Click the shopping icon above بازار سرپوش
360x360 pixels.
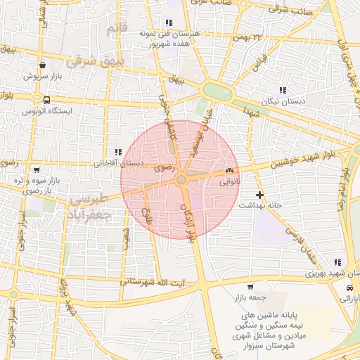pyautogui.click(x=44, y=65)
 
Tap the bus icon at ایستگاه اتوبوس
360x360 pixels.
pyautogui.click(x=46, y=101)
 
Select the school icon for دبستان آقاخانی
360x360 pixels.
pyautogui.click(x=117, y=152)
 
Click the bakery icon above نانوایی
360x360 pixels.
pyautogui.click(x=229, y=171)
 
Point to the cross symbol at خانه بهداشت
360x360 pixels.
pyautogui.click(x=259, y=194)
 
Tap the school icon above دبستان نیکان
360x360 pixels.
pyautogui.click(x=283, y=90)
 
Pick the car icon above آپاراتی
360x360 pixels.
pyautogui.click(x=349, y=288)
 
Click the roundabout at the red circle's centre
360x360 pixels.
pyautogui.click(x=181, y=181)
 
